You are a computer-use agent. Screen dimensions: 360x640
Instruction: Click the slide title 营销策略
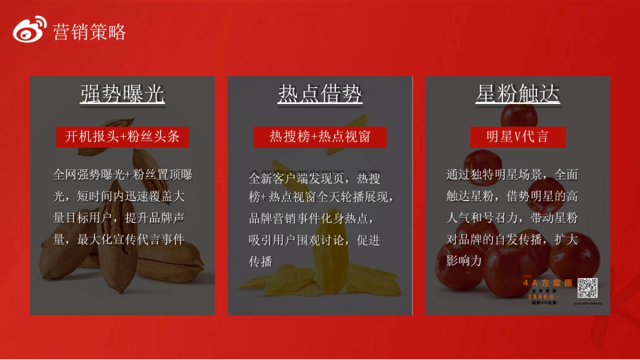89,33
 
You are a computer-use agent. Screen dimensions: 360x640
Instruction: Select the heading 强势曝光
123,95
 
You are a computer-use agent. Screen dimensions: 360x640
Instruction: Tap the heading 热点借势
320,95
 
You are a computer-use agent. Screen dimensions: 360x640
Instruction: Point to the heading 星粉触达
517,95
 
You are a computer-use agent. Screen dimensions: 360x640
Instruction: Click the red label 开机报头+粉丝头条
123,137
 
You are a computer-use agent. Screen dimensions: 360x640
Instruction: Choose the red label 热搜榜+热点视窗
320,137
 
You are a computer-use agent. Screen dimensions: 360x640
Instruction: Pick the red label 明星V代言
517,137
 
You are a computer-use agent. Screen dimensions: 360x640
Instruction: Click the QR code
587,288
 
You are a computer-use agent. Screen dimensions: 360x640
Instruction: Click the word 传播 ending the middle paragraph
261,261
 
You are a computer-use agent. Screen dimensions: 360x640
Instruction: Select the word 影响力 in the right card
464,260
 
